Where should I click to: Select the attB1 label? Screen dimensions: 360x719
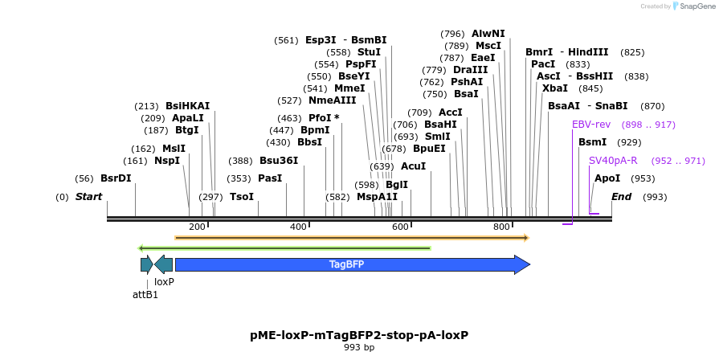145,295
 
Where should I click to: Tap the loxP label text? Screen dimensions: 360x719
164,282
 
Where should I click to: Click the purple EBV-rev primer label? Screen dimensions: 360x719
591,125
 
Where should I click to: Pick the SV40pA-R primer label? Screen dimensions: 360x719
613,161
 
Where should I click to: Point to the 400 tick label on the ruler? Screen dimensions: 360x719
298,227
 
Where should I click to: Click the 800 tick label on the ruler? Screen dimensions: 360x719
502,227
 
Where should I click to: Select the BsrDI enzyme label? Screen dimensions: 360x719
116,178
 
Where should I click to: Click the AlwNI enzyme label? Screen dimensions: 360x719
488,34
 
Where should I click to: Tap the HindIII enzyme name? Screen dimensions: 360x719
590,52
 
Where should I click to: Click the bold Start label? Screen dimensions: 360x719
89,197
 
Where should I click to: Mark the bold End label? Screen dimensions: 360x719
621,197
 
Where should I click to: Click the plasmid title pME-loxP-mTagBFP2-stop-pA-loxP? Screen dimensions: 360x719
359,334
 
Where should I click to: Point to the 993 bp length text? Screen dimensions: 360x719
359,348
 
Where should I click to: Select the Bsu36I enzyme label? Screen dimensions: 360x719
279,161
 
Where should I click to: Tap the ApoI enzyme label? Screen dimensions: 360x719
607,178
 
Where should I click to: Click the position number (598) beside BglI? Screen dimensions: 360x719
367,185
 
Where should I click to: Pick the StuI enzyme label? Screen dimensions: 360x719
369,52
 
